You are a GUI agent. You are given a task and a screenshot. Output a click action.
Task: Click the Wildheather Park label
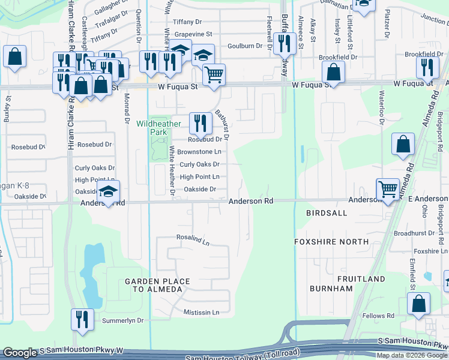pyautogui.click(x=158, y=127)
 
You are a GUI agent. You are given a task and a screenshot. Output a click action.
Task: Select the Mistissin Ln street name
pyautogui.click(x=202, y=313)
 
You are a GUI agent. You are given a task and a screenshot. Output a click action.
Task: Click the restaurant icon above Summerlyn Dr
pyautogui.click(x=81, y=319)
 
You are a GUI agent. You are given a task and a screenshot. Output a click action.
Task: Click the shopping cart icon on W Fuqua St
pyautogui.click(x=214, y=75)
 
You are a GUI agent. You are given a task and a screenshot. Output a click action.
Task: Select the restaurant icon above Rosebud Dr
pyautogui.click(x=200, y=123)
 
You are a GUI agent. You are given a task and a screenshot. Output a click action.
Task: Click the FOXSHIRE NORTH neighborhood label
pyautogui.click(x=331, y=242)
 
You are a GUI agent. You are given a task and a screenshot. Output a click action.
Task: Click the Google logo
pyautogui.click(x=20, y=353)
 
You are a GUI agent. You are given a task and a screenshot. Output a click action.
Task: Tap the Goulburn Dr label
pyautogui.click(x=245, y=46)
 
